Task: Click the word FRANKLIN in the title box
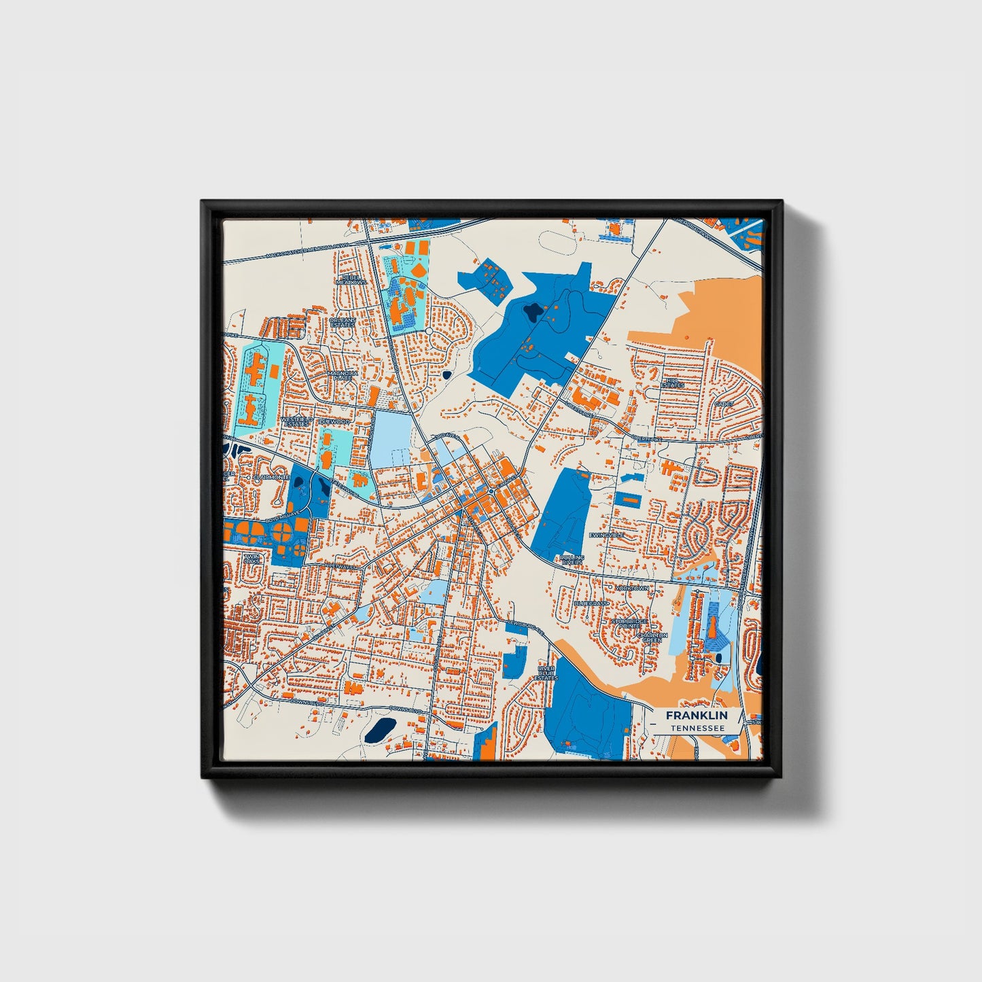tap(696, 716)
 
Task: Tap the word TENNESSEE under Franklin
tap(696, 728)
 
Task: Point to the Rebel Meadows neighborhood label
tap(353, 279)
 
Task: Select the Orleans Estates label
tap(342, 322)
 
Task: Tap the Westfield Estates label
tap(296, 422)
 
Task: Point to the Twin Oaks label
tap(251, 559)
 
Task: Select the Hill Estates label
tap(673, 383)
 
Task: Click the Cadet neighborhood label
tap(723, 404)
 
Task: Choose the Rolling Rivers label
tap(572, 560)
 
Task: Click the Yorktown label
tap(632, 588)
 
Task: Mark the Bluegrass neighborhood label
tap(591, 603)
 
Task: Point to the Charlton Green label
tap(652, 637)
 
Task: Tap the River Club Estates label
tap(546, 673)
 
